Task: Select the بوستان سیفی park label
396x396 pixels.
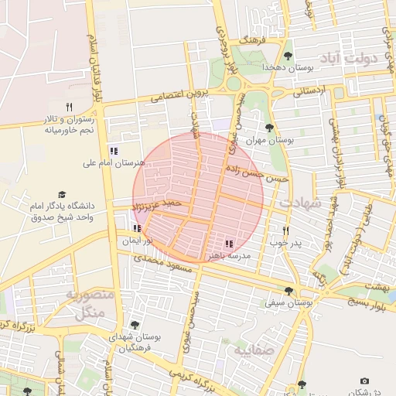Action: point(288,305)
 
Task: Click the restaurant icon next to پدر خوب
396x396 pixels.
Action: point(286,230)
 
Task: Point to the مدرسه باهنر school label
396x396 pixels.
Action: point(227,254)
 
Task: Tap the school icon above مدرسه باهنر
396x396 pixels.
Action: point(228,244)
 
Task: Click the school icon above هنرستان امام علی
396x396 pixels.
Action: point(114,151)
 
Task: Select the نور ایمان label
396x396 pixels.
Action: point(137,241)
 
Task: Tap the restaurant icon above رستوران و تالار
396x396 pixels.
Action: point(70,107)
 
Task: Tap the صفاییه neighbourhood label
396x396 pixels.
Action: point(248,349)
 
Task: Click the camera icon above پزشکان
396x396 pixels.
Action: point(365,381)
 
